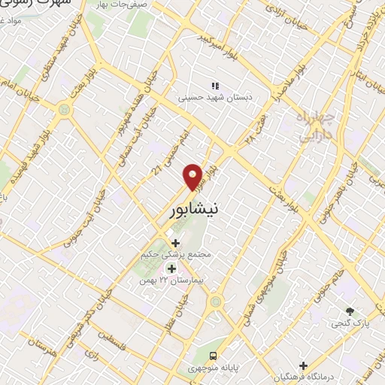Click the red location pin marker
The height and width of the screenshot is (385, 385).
point(194,176)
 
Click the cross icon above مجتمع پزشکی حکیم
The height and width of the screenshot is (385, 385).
point(176,242)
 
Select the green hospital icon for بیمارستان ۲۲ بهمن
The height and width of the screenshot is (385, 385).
point(171,268)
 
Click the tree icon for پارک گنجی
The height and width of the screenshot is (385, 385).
point(350,310)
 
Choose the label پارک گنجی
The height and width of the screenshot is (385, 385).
point(349,323)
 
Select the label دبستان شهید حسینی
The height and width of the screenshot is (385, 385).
point(216,97)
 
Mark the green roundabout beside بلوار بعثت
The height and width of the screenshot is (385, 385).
point(63,111)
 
